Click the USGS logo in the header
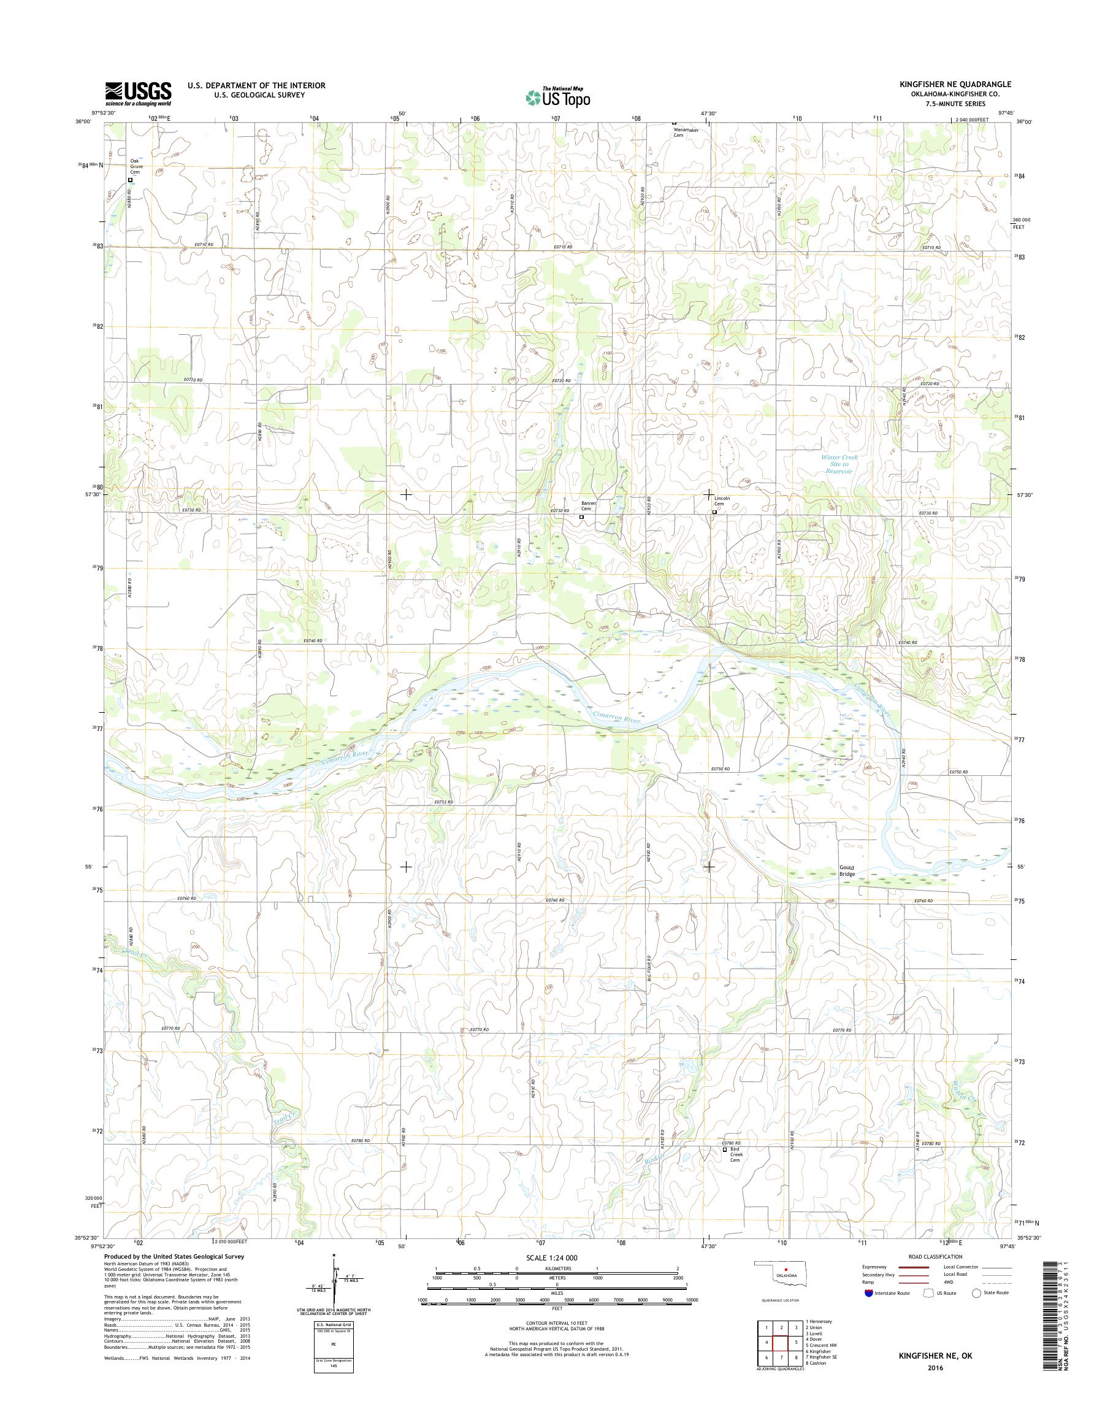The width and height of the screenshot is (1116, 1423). click(x=139, y=94)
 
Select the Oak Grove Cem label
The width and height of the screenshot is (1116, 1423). click(x=136, y=167)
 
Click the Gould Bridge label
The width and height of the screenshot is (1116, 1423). click(x=847, y=870)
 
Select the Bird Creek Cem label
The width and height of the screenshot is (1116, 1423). click(x=737, y=1173)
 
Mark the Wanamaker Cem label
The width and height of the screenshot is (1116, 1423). click(x=686, y=132)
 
